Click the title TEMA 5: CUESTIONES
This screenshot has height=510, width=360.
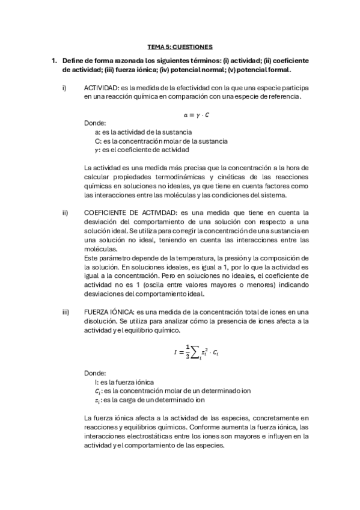(180, 46)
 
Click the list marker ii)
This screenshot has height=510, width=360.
(65, 212)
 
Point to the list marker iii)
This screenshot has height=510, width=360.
(66, 312)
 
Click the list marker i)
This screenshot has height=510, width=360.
(64, 88)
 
